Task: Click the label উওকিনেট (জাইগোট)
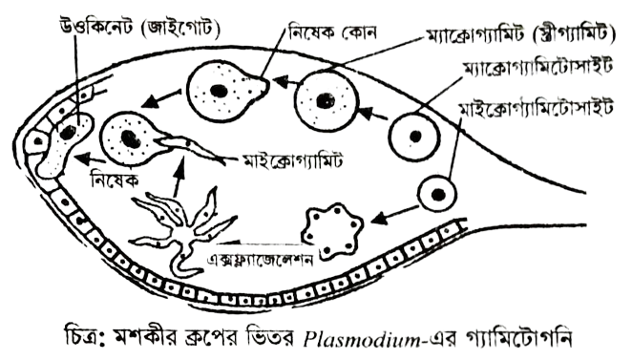[x=139, y=28]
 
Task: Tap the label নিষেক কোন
[x=332, y=32]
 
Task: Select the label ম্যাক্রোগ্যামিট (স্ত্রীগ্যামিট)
[x=520, y=34]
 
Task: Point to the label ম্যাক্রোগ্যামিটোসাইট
[x=538, y=67]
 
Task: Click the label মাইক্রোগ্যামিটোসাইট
[x=536, y=108]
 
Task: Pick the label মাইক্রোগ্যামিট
[x=292, y=160]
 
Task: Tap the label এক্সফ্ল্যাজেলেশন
[x=260, y=259]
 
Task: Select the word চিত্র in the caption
[x=80, y=342]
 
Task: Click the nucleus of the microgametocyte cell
[x=438, y=195]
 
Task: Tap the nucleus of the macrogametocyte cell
[x=415, y=137]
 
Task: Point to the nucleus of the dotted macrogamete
[x=325, y=100]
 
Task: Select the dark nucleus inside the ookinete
[x=68, y=132]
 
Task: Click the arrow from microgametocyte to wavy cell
[x=394, y=215]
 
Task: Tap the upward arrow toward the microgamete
[x=179, y=176]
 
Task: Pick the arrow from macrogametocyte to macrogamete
[x=372, y=114]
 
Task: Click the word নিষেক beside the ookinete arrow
[x=115, y=180]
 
